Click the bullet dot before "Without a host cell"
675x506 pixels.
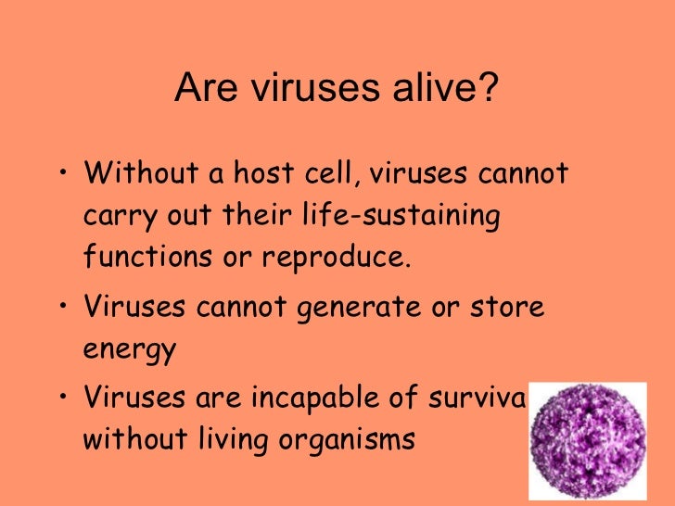[x=61, y=174]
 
